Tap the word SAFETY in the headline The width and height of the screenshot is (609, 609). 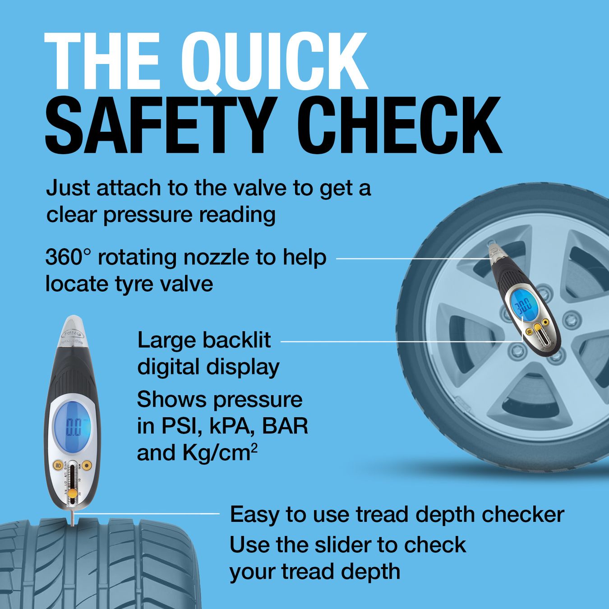[159, 125]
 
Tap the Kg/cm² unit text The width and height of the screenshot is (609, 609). [220, 453]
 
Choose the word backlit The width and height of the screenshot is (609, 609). [236, 340]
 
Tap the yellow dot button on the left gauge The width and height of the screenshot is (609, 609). [87, 465]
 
